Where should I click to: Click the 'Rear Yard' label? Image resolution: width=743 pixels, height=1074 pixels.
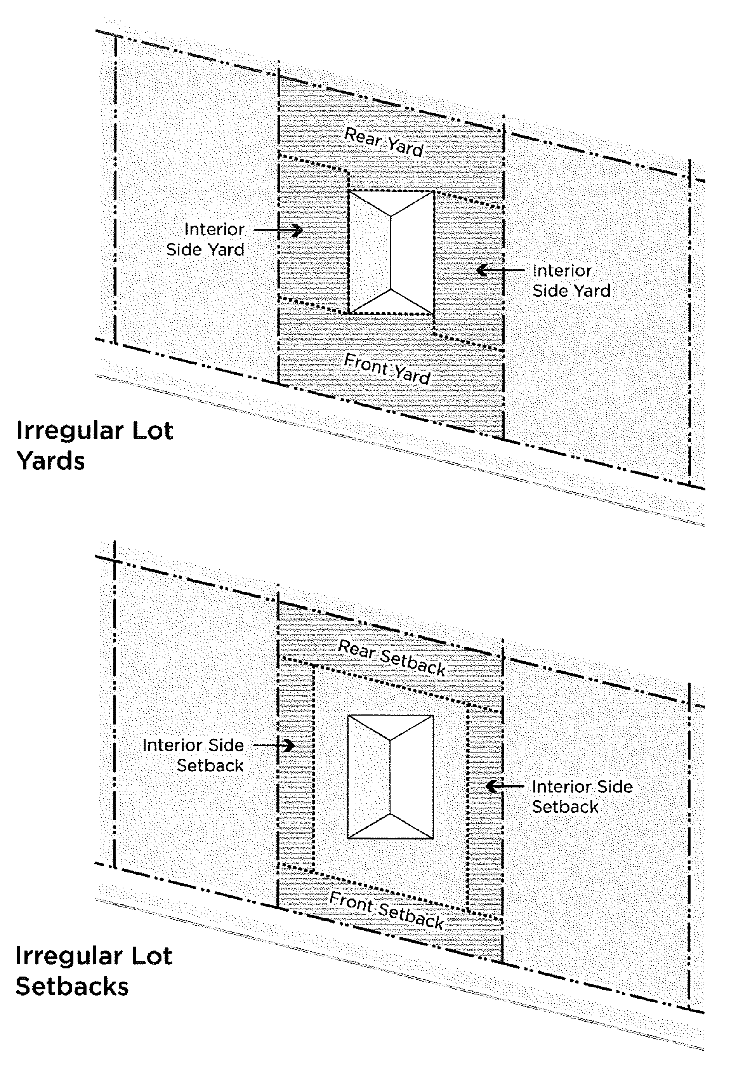click(384, 142)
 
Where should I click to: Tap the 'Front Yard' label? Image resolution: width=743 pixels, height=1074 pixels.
click(386, 369)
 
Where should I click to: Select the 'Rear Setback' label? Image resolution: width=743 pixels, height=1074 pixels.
click(391, 657)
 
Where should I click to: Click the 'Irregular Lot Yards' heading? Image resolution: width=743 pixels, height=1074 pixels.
click(95, 445)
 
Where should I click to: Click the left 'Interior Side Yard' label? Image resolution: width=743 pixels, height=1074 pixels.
click(205, 239)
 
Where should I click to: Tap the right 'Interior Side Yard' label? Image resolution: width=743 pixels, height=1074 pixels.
click(571, 280)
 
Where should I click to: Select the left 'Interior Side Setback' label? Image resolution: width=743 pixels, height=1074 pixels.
click(193, 755)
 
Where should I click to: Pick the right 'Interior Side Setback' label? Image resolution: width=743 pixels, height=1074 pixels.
click(582, 796)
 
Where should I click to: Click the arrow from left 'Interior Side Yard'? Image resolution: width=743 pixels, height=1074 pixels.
click(278, 230)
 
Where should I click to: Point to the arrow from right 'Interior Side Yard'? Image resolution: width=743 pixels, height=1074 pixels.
click(500, 270)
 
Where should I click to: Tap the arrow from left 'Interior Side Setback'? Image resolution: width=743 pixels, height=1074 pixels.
click(274, 745)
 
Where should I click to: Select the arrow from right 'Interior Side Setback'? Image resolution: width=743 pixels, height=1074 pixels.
click(505, 786)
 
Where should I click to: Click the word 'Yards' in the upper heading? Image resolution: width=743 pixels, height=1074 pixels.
click(51, 461)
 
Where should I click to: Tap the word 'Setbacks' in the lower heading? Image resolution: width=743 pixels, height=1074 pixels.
click(72, 987)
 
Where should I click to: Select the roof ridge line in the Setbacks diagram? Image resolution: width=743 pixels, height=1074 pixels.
click(390, 777)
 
